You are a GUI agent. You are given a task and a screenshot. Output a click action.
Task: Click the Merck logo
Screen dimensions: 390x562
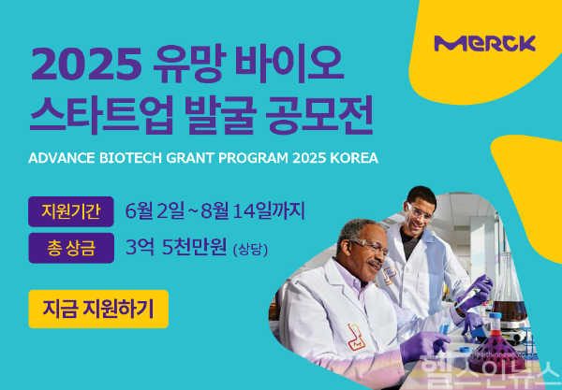coord(484,43)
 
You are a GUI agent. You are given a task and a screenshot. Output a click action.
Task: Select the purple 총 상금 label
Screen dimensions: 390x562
coord(71,248)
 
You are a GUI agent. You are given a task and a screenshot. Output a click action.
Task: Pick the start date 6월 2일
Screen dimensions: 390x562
coord(157,209)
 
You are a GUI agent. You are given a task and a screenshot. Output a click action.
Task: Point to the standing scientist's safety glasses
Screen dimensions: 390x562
coord(421,210)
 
